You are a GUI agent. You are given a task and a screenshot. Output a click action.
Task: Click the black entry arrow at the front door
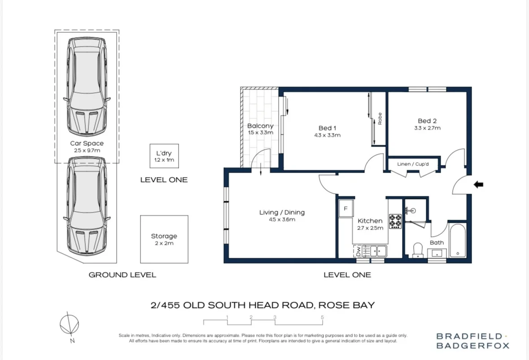point(478,184)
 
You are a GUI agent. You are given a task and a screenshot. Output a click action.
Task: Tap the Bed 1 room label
point(328,128)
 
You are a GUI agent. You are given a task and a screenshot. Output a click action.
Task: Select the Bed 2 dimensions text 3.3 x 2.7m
point(427,128)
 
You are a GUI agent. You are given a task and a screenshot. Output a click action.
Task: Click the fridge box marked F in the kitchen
point(346,208)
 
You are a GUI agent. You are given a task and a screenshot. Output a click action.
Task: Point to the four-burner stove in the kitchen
point(395,221)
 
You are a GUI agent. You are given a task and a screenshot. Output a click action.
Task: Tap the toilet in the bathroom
point(418,249)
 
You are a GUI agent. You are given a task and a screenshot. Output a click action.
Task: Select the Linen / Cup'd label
point(413,164)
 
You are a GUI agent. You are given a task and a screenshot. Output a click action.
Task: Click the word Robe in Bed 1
point(380,118)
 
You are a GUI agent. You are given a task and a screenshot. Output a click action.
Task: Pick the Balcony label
point(260,126)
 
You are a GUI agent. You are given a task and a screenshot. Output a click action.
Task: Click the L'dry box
point(164,156)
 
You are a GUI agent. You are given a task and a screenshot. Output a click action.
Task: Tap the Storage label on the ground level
point(164,236)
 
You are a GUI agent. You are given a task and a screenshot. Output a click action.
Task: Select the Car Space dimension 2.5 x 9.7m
point(87,150)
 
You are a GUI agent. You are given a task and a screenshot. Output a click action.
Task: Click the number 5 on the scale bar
point(322,317)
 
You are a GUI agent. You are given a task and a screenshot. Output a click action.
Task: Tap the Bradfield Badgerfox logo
point(473,341)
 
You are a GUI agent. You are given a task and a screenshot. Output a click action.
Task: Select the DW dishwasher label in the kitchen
point(358,252)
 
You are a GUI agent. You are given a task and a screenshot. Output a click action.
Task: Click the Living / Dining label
point(282,213)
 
